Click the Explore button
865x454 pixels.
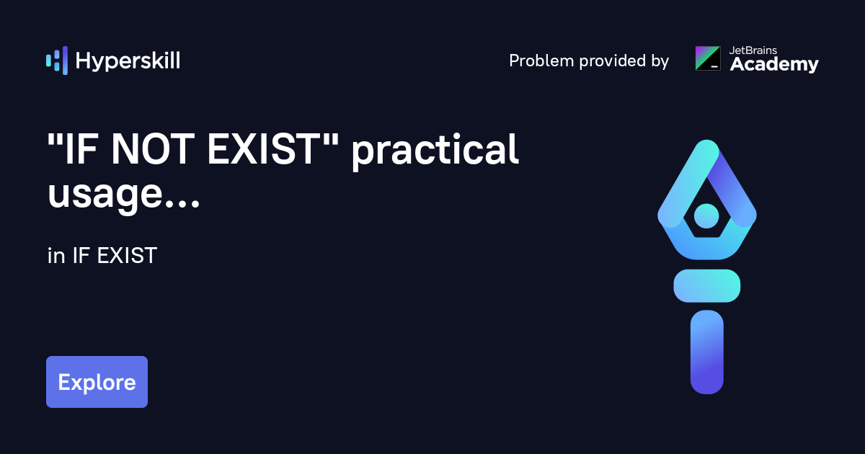click(97, 382)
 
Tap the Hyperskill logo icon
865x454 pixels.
click(56, 61)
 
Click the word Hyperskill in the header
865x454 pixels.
click(128, 61)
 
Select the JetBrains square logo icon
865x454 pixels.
click(707, 58)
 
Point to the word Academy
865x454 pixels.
click(774, 65)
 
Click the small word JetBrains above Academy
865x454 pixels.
click(754, 50)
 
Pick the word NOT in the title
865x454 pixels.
click(151, 151)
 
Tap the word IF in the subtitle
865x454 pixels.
click(79, 256)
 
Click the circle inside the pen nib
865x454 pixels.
click(706, 215)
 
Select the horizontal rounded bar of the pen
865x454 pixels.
click(706, 285)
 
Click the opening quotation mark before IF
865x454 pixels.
click(53, 139)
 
